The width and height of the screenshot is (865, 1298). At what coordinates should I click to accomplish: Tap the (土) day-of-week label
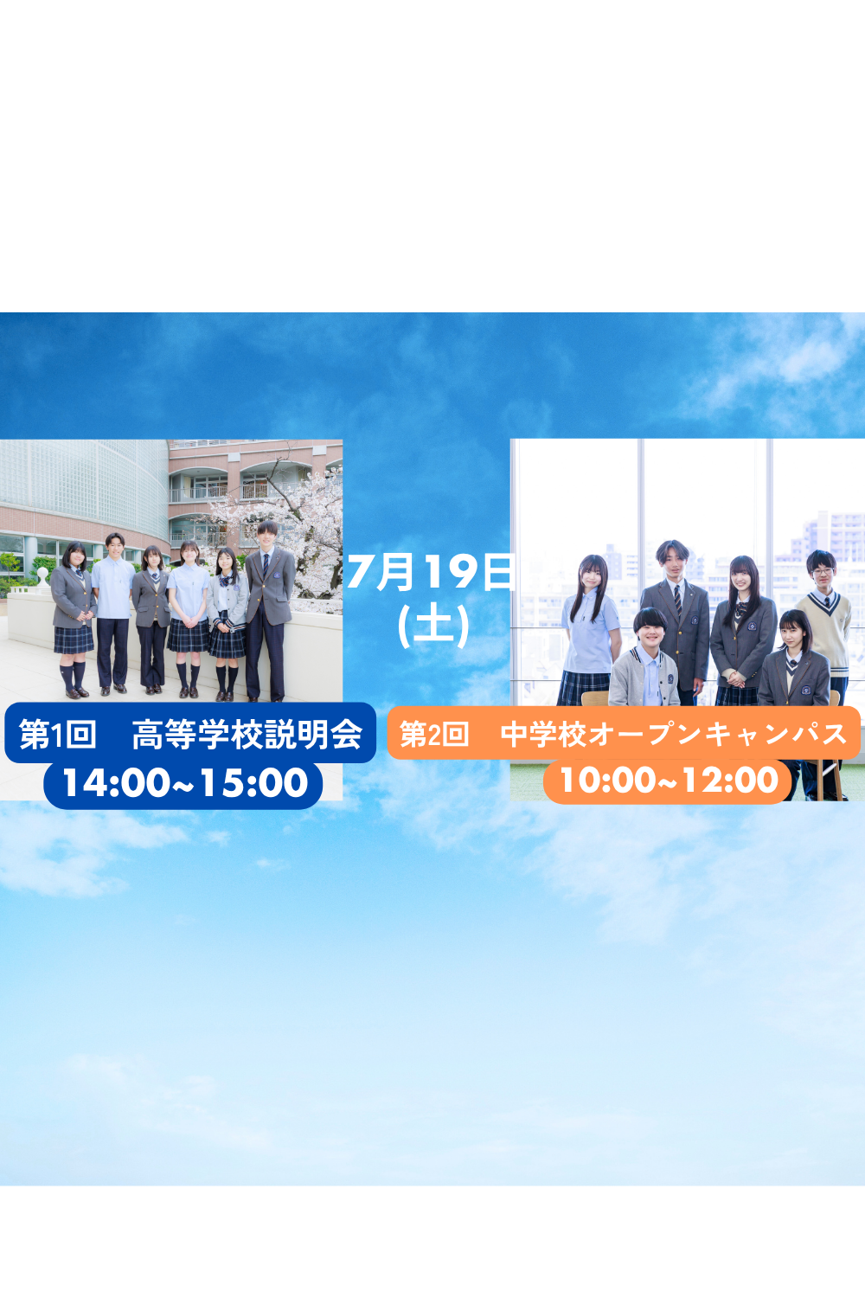click(x=433, y=627)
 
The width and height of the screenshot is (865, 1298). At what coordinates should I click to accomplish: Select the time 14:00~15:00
click(x=185, y=783)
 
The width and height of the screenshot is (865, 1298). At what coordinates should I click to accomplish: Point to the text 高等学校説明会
click(x=247, y=735)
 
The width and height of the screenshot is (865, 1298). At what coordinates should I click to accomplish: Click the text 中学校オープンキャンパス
click(x=674, y=734)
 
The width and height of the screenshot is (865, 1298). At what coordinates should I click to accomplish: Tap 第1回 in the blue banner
click(x=57, y=735)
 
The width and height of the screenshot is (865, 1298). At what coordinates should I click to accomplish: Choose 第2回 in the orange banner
click(x=434, y=735)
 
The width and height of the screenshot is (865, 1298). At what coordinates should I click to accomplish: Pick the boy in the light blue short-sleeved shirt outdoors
click(x=113, y=613)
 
